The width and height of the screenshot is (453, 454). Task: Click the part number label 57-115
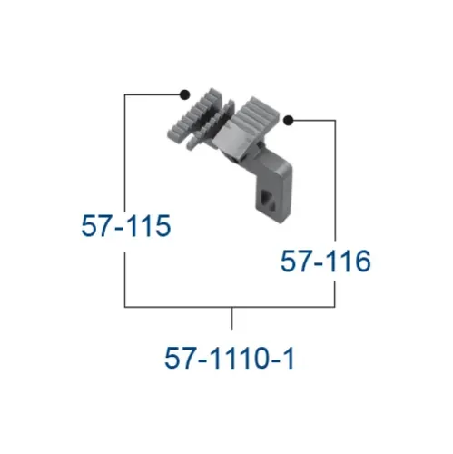pos(126,225)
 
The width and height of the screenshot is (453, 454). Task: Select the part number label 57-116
pos(325,261)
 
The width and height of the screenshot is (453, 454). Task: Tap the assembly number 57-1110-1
pos(230,358)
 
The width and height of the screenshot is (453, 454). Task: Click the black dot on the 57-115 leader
pos(184,94)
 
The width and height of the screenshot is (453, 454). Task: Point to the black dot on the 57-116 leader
pos(289,121)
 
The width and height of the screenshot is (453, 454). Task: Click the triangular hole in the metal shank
pos(268,200)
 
